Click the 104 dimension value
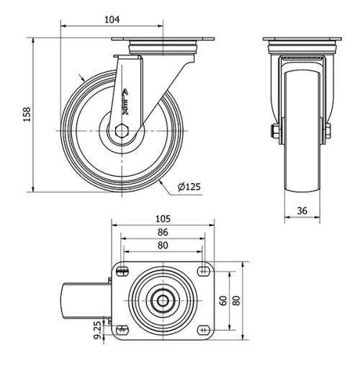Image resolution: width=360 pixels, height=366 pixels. click(x=112, y=19)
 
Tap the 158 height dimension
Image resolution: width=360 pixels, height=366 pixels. click(x=27, y=115)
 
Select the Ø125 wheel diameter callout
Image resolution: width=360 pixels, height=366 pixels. click(x=189, y=187)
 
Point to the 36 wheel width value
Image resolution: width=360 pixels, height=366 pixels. click(x=302, y=210)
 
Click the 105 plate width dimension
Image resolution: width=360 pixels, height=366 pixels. click(x=163, y=219)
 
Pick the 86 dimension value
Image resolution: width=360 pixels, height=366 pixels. click(x=163, y=232)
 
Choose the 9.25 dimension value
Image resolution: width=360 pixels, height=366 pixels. click(x=98, y=330)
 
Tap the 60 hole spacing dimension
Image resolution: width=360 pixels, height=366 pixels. click(x=223, y=300)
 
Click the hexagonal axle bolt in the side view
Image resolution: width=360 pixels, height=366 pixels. click(x=122, y=131)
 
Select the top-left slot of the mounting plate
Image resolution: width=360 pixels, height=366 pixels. click(x=122, y=272)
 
